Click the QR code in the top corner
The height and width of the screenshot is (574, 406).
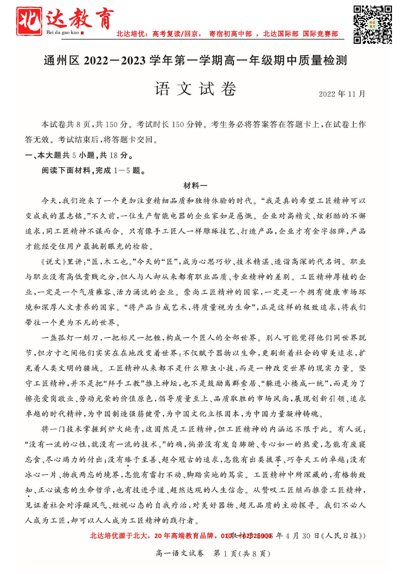coord(373,24)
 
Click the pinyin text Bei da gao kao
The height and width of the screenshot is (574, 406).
coord(63,33)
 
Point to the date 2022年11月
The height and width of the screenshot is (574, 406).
coord(342,94)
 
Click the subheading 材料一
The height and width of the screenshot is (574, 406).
coord(195,186)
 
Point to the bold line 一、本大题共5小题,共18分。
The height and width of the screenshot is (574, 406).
coord(79,155)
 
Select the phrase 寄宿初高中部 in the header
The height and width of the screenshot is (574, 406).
coord(230,34)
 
